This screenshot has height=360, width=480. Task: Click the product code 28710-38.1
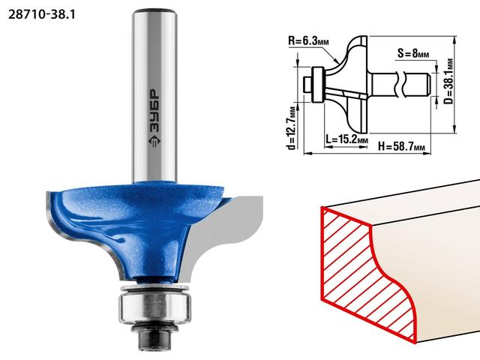click(41, 15)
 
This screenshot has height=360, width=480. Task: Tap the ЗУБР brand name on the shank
click(154, 112)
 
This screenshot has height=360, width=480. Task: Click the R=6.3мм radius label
click(308, 41)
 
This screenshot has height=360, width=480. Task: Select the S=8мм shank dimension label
click(413, 53)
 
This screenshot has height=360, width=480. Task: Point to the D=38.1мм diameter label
click(448, 81)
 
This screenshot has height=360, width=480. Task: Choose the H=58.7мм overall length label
click(402, 146)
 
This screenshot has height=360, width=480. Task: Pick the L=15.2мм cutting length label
click(346, 139)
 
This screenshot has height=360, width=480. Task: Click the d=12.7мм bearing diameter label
click(292, 128)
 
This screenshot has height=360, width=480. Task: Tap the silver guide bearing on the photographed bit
click(154, 304)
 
